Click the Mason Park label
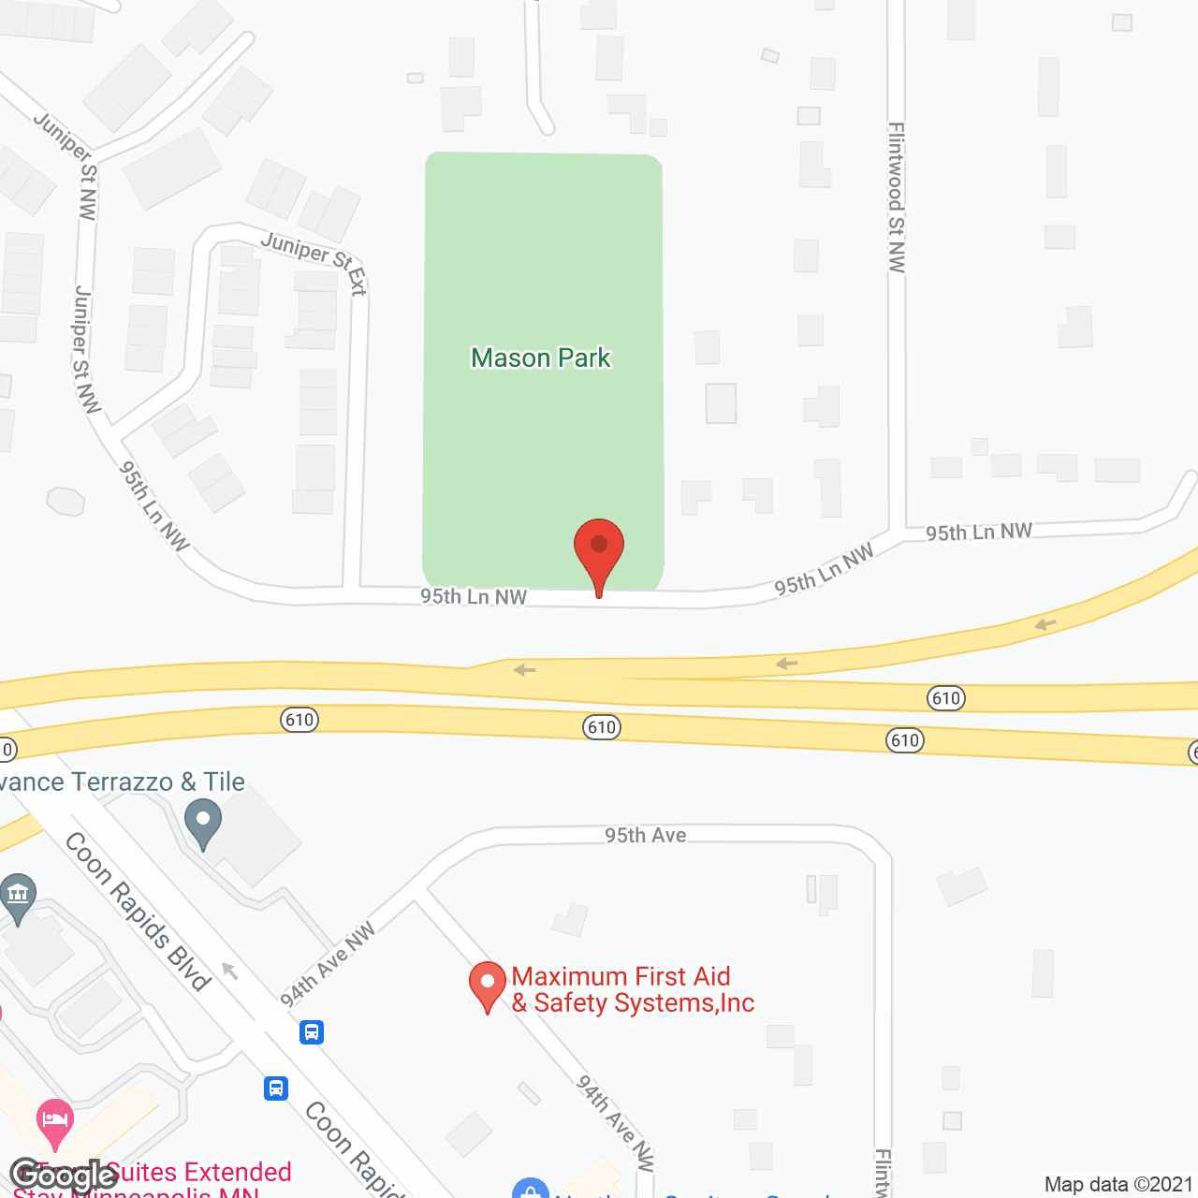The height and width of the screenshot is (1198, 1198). tap(541, 358)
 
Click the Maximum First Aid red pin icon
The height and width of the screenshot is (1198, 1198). tap(487, 985)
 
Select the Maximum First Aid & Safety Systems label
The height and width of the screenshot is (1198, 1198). tap(633, 990)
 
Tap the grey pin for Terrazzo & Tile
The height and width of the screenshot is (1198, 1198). tap(203, 823)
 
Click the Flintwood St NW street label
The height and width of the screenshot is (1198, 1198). tap(897, 197)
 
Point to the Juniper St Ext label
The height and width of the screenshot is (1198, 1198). tap(314, 261)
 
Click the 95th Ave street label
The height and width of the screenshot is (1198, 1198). tap(646, 835)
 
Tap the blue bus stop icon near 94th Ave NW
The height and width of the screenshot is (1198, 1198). tap(312, 1032)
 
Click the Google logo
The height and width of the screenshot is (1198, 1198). tap(63, 1176)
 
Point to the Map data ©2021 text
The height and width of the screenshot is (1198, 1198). tap(1118, 1184)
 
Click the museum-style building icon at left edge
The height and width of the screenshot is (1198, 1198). tap(18, 896)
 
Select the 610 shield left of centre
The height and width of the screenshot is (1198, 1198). tap(299, 720)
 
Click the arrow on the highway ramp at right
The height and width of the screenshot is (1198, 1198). tap(1045, 624)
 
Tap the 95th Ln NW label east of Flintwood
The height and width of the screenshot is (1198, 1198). tap(979, 532)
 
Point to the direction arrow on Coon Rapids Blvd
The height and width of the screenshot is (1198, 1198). tap(230, 971)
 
